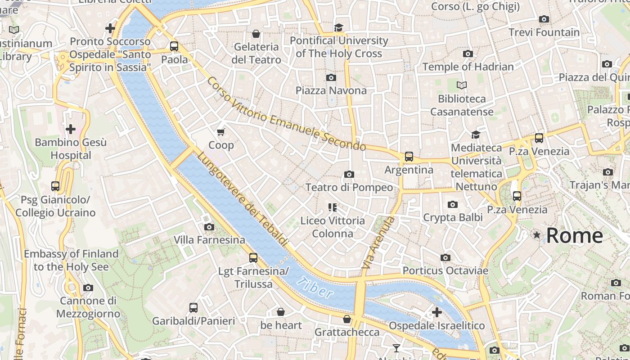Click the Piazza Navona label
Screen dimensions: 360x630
click(331, 90)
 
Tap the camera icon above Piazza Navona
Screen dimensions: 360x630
click(331, 77)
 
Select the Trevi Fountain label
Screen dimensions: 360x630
click(544, 32)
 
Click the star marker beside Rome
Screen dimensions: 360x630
click(536, 235)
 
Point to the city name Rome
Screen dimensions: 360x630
click(574, 236)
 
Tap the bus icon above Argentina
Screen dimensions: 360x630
click(409, 157)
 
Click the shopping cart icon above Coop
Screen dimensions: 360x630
click(220, 132)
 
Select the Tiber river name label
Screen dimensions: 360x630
click(315, 288)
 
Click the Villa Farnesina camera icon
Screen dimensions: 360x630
click(209, 227)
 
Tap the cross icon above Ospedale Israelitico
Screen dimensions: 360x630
click(436, 312)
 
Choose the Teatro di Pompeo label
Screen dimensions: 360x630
click(349, 187)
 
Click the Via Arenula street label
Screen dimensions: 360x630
click(378, 243)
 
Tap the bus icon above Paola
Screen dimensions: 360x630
click(174, 46)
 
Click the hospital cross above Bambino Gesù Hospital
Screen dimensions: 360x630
click(71, 130)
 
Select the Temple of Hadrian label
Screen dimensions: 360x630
click(468, 67)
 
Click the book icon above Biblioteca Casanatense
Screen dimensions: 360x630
click(461, 85)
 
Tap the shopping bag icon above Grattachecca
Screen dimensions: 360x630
click(347, 319)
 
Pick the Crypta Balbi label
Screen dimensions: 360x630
click(453, 217)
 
